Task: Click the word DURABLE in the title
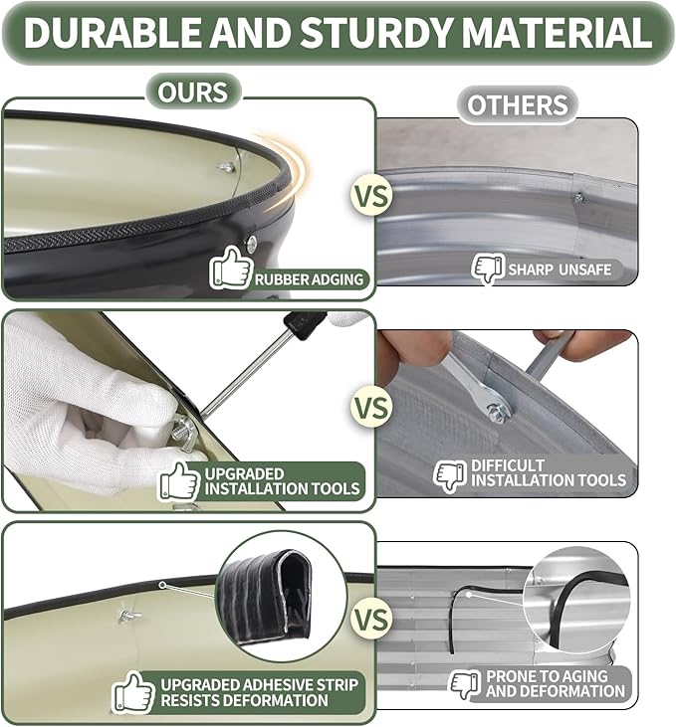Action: point(112,32)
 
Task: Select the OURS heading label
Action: point(193,91)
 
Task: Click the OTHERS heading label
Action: point(518,104)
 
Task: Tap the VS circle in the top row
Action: point(371,195)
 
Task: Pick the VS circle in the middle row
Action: point(371,407)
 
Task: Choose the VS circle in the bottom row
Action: point(371,620)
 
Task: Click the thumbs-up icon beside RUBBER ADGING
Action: point(231,268)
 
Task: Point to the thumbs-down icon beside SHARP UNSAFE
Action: point(488,269)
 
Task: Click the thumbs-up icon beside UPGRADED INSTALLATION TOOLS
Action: point(179,481)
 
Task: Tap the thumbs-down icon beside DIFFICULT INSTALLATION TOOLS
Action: point(450,476)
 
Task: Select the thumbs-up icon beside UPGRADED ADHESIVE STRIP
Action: point(134,693)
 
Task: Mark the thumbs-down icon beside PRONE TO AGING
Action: point(466,684)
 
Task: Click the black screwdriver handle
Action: point(300,324)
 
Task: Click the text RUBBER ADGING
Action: point(310,279)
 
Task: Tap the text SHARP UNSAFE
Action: point(560,270)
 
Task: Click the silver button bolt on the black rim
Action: point(252,244)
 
